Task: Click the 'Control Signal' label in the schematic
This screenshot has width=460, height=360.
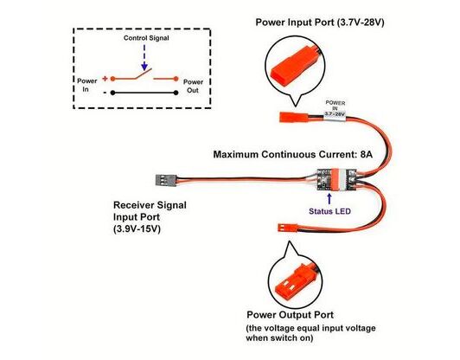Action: (x=146, y=38)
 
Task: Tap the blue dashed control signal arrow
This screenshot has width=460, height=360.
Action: (x=144, y=58)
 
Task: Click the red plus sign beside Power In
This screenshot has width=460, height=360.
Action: (x=105, y=79)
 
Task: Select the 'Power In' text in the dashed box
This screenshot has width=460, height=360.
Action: (x=86, y=85)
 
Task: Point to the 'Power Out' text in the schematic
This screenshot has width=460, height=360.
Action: (x=193, y=86)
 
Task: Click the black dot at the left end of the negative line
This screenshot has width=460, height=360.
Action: (x=112, y=93)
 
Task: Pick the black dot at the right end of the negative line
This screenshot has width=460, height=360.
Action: (x=176, y=93)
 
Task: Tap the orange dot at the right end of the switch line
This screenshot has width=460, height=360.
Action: (x=176, y=79)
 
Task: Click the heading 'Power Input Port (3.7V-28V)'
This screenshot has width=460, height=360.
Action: (x=320, y=22)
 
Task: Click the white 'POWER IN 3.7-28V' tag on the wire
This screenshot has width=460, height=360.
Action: (x=335, y=110)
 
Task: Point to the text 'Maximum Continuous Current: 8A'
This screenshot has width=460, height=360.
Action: (x=293, y=154)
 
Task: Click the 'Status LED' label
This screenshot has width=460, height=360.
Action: (x=329, y=211)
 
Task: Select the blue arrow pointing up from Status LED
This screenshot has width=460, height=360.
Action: (x=329, y=198)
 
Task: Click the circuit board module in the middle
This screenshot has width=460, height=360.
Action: (x=337, y=180)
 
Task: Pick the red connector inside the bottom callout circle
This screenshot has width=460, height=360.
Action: (x=294, y=282)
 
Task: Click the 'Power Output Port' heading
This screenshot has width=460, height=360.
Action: (x=290, y=315)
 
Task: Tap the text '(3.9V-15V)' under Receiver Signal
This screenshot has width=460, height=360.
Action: (x=137, y=229)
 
